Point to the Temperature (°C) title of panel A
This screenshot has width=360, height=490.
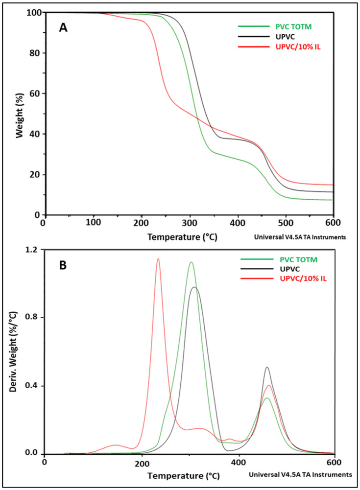click(x=182, y=236)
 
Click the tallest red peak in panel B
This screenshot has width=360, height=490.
click(x=158, y=259)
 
